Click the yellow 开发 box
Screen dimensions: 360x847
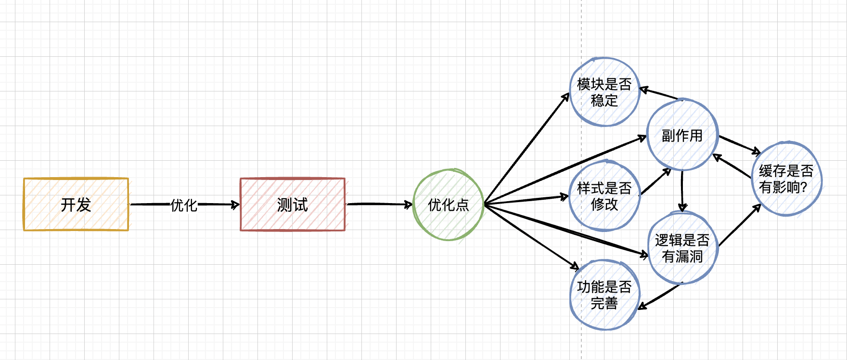pos(76,205)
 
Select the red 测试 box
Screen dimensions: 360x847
pos(293,205)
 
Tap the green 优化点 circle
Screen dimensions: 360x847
pos(448,205)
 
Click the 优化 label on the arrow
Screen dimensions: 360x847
pos(184,206)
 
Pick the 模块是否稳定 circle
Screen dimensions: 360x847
pos(604,92)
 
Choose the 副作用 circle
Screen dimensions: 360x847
pos(682,135)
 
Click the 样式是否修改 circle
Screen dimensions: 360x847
pos(604,196)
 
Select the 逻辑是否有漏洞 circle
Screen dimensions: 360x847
pos(682,248)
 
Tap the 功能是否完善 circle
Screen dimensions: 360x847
pos(604,295)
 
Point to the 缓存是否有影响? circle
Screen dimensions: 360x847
pos(786,179)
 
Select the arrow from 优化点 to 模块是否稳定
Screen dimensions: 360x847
pos(527,149)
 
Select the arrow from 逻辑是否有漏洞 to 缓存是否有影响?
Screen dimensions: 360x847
pos(739,226)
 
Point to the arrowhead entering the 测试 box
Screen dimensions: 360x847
pos(235,205)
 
